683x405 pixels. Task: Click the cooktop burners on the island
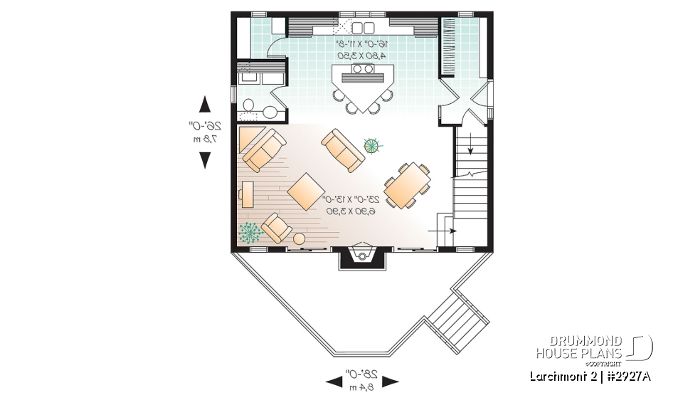(x=361, y=69)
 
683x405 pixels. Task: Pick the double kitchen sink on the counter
(x=364, y=28)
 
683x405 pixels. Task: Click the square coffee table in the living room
(x=307, y=191)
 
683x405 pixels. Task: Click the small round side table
(x=300, y=238)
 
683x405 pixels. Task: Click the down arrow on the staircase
(x=470, y=147)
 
